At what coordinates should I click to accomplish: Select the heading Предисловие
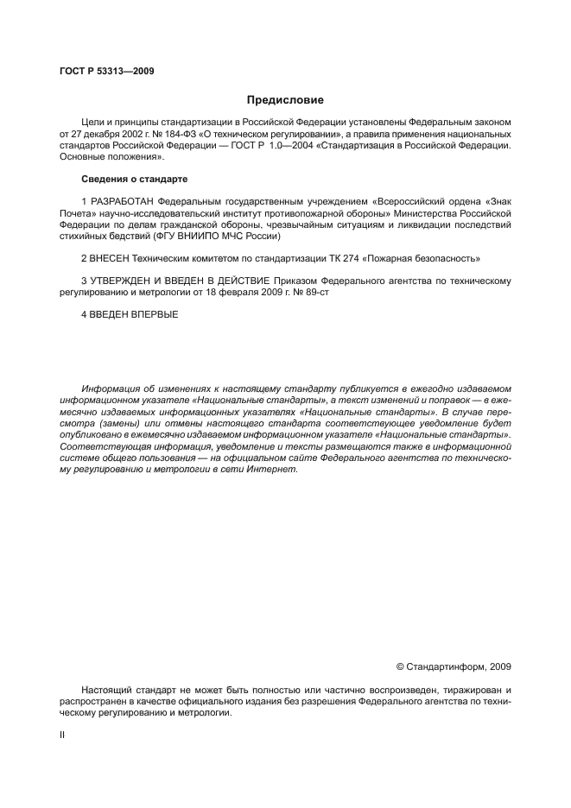tap(285, 100)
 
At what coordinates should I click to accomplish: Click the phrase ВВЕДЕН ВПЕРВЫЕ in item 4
tap(133, 315)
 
